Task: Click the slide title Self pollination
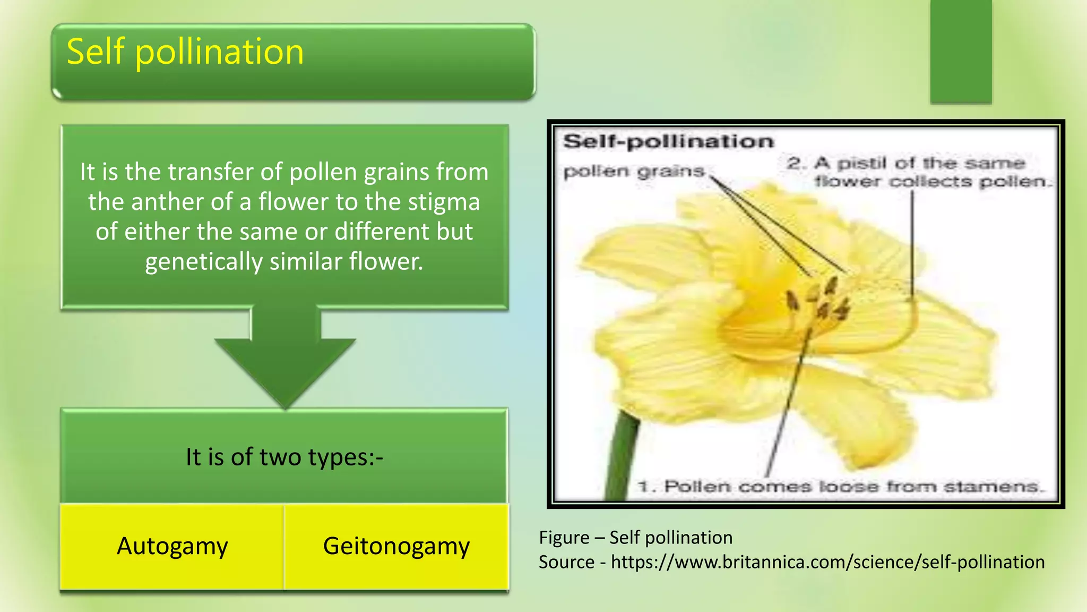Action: (185, 53)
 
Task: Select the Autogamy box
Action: (172, 546)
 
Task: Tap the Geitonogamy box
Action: (396, 546)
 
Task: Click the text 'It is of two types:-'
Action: (284, 457)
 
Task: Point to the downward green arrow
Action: (285, 361)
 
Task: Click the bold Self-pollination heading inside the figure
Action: (668, 141)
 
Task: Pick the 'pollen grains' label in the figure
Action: (634, 172)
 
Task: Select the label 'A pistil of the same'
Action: (905, 163)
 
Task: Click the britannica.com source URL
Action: (827, 562)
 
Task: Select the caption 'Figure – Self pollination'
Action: (635, 538)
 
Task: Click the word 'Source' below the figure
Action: (566, 562)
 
